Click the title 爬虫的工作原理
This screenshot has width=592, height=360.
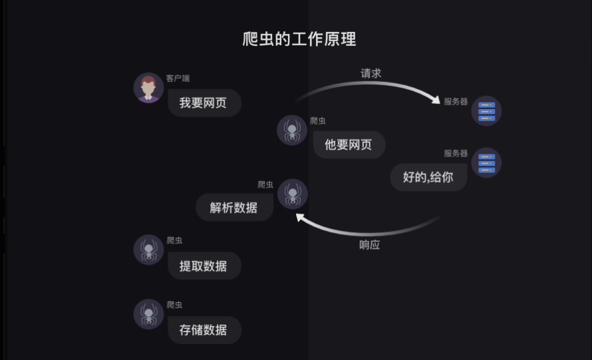[x=299, y=39]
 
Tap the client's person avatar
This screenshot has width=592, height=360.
[x=148, y=88]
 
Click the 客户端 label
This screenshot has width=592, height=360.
[x=178, y=79]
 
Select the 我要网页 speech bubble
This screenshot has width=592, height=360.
[x=204, y=103]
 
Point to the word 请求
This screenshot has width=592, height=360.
[x=370, y=73]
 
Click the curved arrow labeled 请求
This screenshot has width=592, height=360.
[x=372, y=85]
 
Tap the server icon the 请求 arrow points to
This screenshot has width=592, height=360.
[x=486, y=111]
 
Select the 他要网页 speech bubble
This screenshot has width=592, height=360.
[x=349, y=144]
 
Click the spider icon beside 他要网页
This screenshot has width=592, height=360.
[x=292, y=130]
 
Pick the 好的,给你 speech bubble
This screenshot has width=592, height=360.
[x=428, y=177]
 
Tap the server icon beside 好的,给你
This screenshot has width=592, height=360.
[x=486, y=162]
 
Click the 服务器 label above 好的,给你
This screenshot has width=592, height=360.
[x=456, y=154]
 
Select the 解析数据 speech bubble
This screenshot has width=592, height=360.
[x=233, y=208]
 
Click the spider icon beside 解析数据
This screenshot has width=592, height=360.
[x=293, y=194]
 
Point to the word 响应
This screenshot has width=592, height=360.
[x=369, y=245]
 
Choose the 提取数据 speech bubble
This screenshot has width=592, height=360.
[x=204, y=266]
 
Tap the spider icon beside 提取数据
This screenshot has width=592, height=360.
[x=148, y=250]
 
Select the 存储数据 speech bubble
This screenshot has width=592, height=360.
[x=204, y=329]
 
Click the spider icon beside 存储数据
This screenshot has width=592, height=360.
[x=148, y=314]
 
